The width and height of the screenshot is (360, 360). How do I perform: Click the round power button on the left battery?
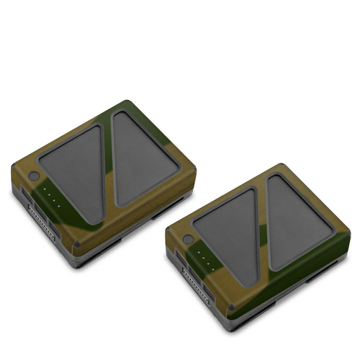click(x=34, y=176)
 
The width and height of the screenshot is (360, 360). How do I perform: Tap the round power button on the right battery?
click(x=189, y=239)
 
